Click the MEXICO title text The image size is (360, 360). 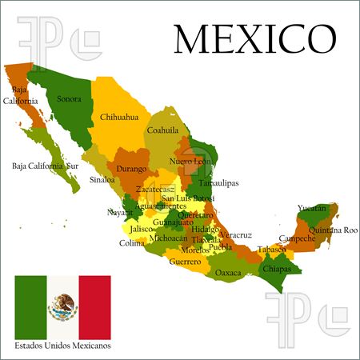coord(255,39)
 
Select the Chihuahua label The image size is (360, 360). coord(119,117)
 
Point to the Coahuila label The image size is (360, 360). coord(163,130)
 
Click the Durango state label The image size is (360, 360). coord(131,169)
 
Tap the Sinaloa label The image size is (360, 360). coord(102,180)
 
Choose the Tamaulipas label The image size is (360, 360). coord(218,182)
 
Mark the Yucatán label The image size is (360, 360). coord(311,208)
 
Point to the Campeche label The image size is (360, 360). coord(296,238)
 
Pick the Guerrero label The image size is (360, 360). coord(185,262)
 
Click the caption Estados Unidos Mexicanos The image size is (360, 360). coord(62,346)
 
